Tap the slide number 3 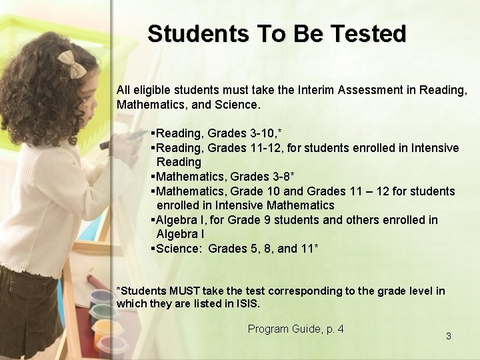coord(448,336)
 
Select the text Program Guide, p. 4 coord(295,329)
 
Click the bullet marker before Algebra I coord(153,220)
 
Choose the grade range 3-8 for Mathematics coord(279,177)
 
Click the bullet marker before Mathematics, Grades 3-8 coord(153,177)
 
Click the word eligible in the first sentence coord(150,89)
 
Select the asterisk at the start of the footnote coord(119,291)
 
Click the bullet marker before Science coord(153,249)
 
